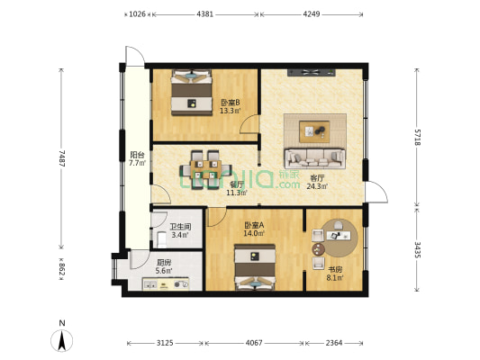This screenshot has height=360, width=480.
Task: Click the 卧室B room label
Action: pos(230,103)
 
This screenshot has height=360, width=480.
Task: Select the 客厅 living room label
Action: pos(317,178)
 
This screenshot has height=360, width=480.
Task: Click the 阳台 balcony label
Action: pos(136,156)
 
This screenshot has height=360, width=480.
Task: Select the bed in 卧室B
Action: pos(191,93)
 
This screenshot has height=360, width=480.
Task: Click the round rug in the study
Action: pos(335,237)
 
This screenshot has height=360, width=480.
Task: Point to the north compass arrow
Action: pos(61,339)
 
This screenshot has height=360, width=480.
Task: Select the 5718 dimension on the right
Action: pos(418,138)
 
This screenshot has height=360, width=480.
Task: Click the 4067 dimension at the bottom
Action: pos(255,342)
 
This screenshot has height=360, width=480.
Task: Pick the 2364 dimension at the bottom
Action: pos(334,342)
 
